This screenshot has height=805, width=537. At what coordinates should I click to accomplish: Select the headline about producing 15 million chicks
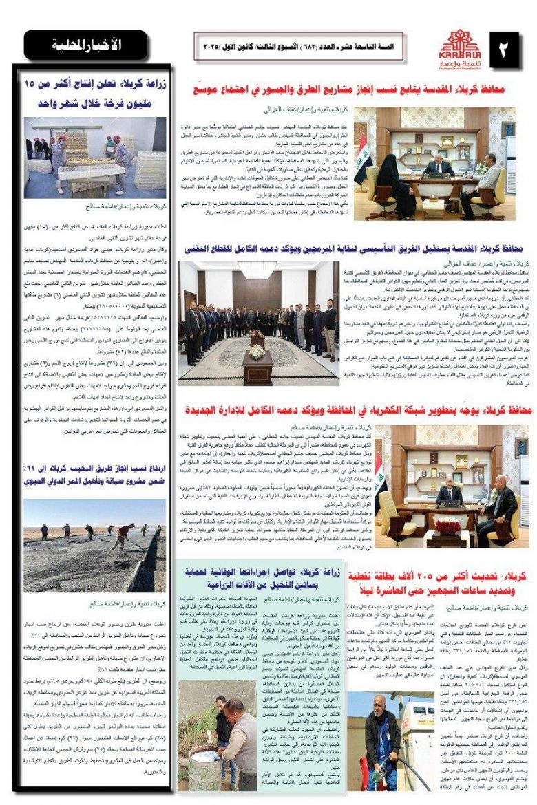[95, 96]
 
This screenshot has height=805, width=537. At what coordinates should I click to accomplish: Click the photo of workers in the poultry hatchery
[95, 157]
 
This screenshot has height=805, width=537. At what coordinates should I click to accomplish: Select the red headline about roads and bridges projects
[351, 89]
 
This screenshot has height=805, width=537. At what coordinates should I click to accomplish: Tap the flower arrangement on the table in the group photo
[256, 351]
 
